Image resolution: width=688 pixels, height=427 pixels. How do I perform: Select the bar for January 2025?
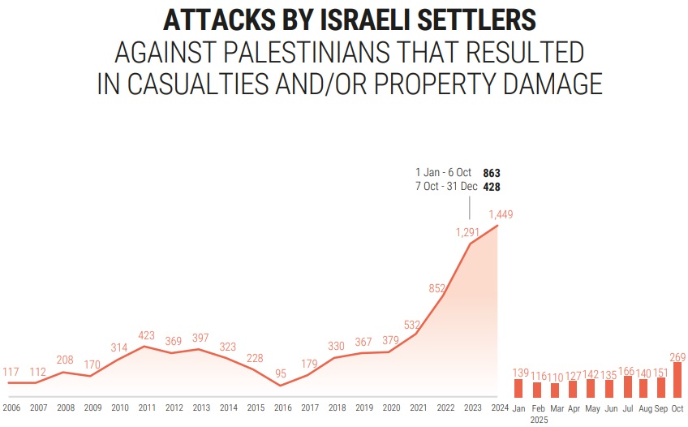coord(518,388)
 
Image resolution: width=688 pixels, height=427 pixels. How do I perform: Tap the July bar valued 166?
coord(628,386)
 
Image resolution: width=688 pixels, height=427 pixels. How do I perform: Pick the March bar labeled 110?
coord(555,390)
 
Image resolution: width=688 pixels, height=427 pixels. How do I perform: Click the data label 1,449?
coord(500,214)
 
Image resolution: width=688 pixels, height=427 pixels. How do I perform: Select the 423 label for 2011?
coord(146,334)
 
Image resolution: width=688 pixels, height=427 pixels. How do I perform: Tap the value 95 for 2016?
coord(281,373)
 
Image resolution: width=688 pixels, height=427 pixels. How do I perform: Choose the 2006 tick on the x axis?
coord(11,408)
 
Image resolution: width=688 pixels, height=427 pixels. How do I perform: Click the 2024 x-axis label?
coord(499,408)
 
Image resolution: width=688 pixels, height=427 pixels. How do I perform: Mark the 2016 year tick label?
coord(282,408)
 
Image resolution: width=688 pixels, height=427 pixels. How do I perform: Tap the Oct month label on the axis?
coord(677,408)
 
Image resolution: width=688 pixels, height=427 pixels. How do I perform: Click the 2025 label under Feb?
coord(537,419)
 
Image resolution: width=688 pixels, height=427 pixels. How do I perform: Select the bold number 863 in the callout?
coord(491,173)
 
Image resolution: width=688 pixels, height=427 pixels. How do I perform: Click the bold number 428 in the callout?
coord(491,187)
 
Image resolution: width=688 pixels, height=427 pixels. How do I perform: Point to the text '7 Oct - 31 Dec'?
coord(446,187)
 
